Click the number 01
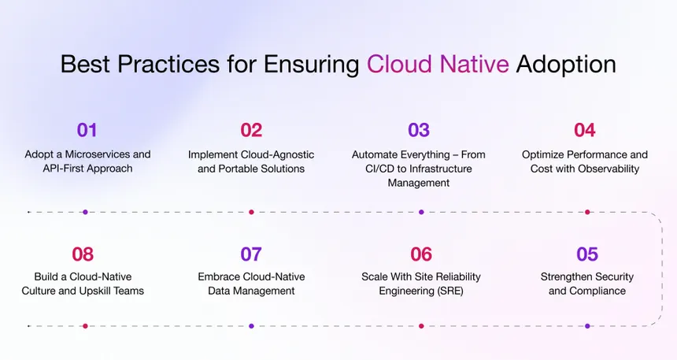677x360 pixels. click(87, 130)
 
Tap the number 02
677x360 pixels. click(251, 130)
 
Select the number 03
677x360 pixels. click(418, 130)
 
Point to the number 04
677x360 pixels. click(584, 130)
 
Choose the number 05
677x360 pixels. click(586, 254)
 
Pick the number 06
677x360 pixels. click(421, 254)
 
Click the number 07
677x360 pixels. click(251, 254)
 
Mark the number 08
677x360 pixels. click(83, 254)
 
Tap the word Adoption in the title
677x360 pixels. click(566, 64)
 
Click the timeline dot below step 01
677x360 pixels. click(85, 212)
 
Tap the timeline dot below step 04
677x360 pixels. click(587, 212)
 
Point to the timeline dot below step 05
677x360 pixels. click(587, 325)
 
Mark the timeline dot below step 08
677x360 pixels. click(85, 325)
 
